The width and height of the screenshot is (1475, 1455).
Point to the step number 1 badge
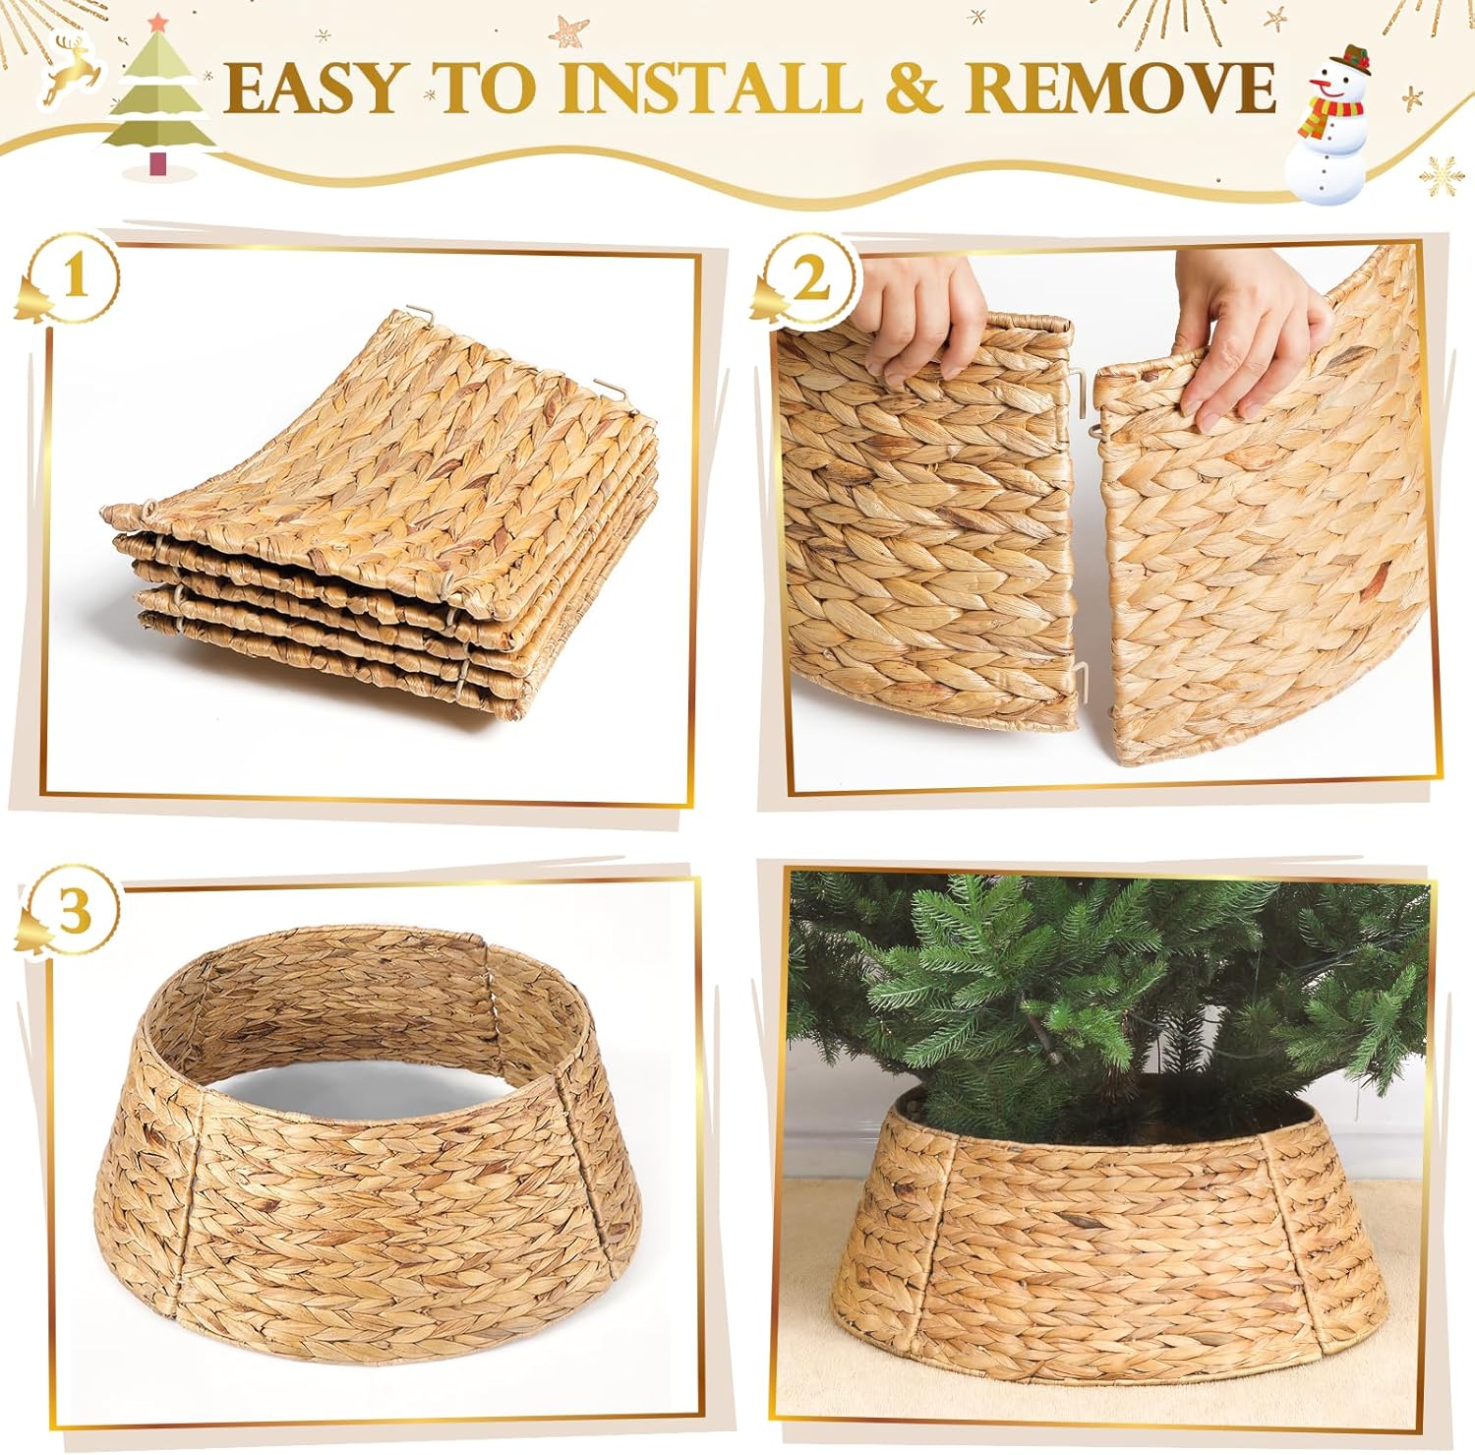(75, 279)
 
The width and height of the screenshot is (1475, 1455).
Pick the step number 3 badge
(75, 913)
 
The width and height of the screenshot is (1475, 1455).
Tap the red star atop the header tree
(157, 21)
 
